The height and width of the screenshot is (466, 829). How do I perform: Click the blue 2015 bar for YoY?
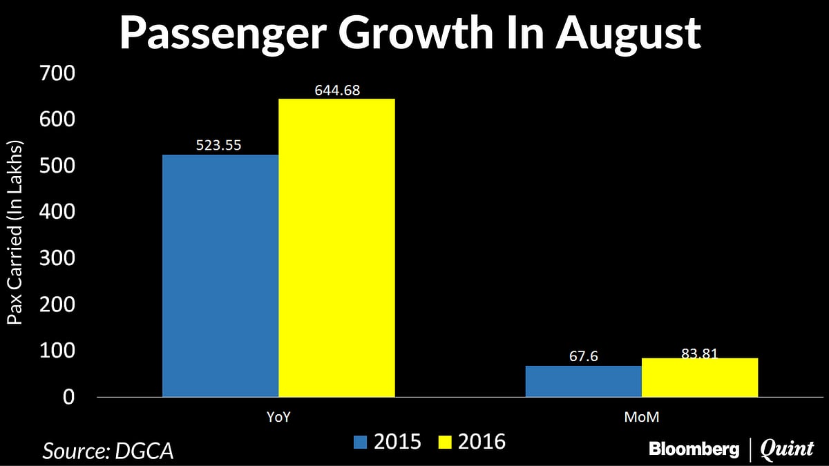(220, 275)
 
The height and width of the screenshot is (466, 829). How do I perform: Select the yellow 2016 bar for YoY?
(336, 248)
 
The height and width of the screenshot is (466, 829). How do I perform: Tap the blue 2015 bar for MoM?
(583, 381)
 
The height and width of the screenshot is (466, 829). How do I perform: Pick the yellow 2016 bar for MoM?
(699, 378)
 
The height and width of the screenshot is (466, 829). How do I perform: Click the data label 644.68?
(336, 90)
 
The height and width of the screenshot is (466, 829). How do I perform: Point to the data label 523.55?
(220, 146)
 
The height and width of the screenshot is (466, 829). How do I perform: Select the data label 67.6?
(583, 357)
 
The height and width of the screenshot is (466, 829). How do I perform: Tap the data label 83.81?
(699, 353)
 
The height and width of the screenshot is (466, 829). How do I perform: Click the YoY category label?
(278, 418)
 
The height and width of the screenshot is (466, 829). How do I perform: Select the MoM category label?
(641, 418)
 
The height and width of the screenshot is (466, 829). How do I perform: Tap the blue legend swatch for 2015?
(361, 442)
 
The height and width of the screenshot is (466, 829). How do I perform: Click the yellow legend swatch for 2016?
(446, 442)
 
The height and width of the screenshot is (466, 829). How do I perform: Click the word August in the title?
(631, 32)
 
